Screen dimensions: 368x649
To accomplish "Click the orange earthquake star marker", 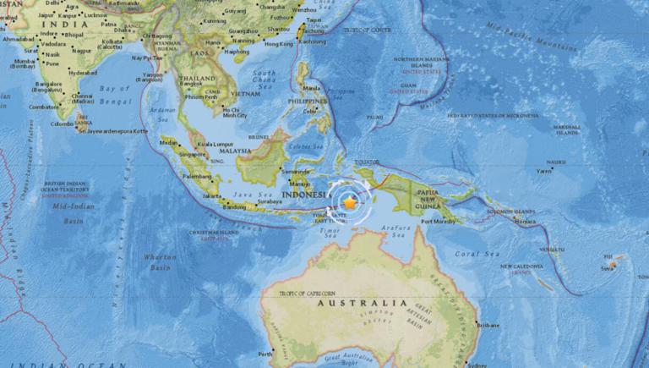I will (349, 201).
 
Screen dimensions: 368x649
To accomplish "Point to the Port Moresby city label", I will (439, 222).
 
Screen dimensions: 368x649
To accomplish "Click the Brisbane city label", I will (488, 324).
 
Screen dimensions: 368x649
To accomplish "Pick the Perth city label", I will (266, 354).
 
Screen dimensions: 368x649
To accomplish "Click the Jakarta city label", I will (212, 196).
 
